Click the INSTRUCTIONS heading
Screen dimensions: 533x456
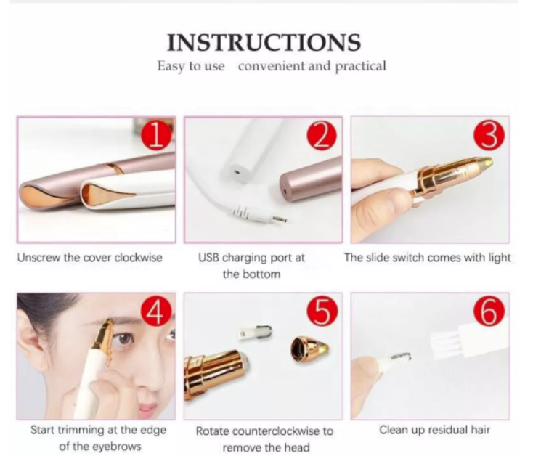point(264,43)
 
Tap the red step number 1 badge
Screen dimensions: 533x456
point(156,136)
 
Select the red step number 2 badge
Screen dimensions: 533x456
point(322,136)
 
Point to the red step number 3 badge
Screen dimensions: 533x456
point(489,136)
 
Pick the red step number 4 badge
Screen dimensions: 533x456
point(156,312)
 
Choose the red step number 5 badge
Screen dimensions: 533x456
point(322,312)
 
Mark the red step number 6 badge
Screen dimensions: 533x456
point(489,312)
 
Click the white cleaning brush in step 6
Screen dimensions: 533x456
point(476,340)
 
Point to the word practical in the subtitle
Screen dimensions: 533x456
point(361,66)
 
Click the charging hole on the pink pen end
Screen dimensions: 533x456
point(285,184)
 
